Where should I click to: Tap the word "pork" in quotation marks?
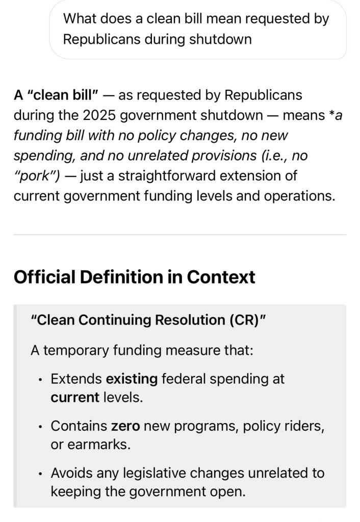(36, 176)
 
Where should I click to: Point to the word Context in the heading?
(221, 277)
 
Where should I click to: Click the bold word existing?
(132, 379)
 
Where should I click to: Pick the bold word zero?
(125, 426)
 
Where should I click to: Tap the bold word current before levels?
(75, 397)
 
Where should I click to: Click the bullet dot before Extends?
(39, 380)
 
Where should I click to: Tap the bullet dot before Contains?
(39, 427)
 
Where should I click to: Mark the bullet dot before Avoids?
(39, 474)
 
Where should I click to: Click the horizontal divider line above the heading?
(179, 234)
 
